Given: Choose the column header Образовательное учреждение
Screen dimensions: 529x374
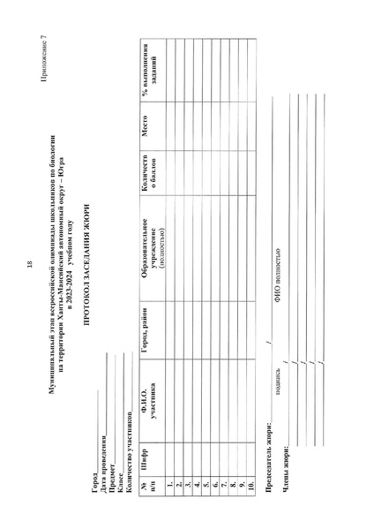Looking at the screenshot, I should (x=151, y=242).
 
